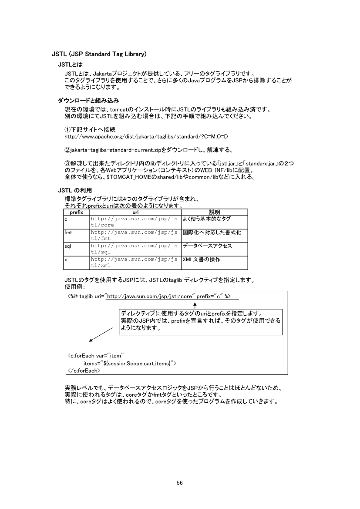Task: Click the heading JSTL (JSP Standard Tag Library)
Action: [99, 54]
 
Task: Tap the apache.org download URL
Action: [146, 137]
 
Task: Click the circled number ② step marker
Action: [67, 150]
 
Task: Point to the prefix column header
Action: [76, 212]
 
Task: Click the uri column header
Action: [135, 212]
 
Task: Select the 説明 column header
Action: [214, 212]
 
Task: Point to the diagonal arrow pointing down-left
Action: [101, 335]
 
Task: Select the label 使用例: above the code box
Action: [74, 287]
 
